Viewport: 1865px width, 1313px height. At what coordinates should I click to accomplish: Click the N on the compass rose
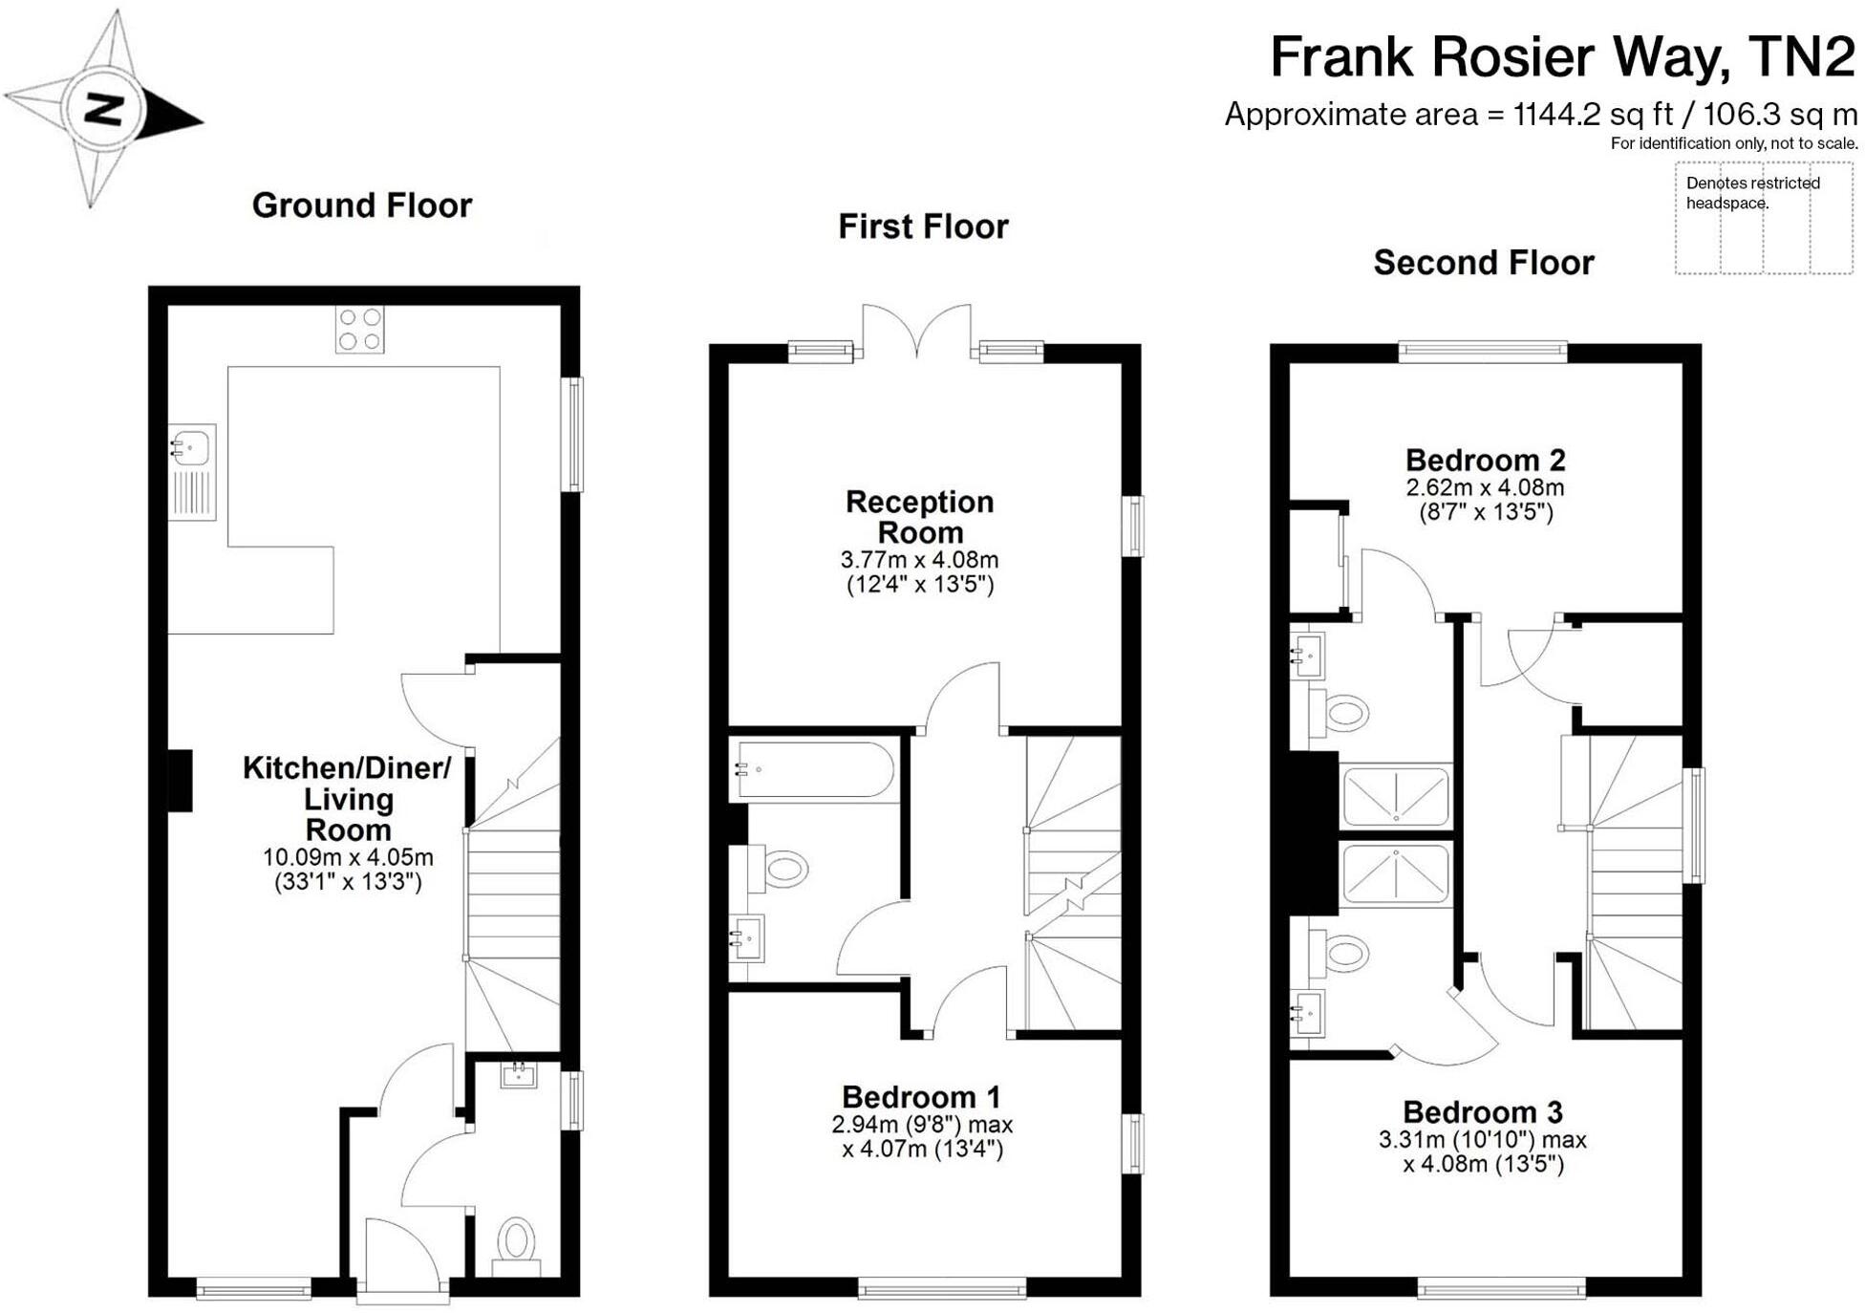point(104,109)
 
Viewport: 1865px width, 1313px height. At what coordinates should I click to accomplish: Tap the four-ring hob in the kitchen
point(359,330)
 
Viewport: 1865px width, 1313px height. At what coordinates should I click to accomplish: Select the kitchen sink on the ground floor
point(191,447)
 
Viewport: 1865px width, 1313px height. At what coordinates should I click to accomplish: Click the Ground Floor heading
point(361,205)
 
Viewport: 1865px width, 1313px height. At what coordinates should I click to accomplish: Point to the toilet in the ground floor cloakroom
point(516,1239)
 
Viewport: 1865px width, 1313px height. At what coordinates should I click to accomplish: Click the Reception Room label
point(919,517)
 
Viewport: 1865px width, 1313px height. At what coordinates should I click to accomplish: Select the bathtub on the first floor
point(814,769)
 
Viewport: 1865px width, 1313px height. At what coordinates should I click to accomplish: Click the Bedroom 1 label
point(920,1096)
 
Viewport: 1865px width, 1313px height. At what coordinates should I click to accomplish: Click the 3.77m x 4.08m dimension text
point(919,560)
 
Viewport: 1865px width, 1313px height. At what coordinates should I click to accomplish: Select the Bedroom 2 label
point(1485,461)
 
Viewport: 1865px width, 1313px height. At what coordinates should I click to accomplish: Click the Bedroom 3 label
point(1482,1112)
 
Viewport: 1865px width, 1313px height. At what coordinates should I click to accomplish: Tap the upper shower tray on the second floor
point(1396,795)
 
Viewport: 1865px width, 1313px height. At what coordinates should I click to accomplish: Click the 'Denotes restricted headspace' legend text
point(1752,192)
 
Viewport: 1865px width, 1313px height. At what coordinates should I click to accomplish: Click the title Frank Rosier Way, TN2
point(1561,57)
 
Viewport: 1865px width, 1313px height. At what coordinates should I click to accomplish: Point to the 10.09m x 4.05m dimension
point(348,857)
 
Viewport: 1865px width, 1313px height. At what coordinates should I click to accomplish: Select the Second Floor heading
point(1483,263)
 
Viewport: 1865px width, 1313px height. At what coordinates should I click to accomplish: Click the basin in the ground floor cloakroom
point(518,1075)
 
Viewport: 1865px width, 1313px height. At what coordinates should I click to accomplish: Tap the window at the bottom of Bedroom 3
point(1501,1289)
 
